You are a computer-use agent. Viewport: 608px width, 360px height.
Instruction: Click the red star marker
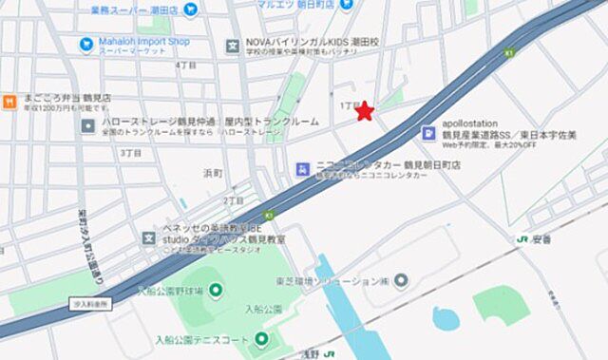[x=364, y=112]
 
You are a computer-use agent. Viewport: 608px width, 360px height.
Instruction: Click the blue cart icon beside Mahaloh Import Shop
[x=87, y=43]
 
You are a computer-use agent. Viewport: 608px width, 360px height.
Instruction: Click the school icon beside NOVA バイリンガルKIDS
[x=232, y=46]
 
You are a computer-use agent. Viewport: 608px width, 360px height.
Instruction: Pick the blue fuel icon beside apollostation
[x=428, y=133]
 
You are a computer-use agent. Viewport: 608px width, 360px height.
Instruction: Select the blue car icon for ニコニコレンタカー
[x=302, y=169]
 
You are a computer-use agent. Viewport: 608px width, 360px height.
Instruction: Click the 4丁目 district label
[x=185, y=65]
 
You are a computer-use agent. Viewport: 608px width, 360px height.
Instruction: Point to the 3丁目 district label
[x=131, y=152]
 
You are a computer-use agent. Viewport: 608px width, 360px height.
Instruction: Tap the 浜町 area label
[x=213, y=174]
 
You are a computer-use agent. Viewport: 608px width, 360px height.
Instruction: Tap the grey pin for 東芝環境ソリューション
[x=400, y=279]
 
